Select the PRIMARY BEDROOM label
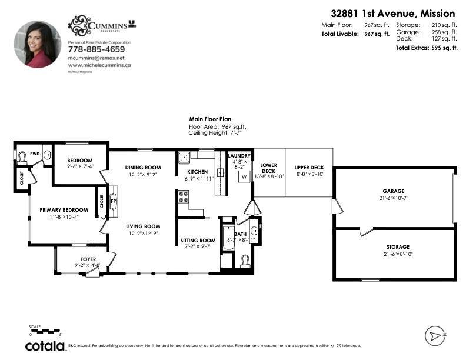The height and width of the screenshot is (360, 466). pos(64,210)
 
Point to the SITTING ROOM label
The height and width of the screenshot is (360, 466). pos(198,241)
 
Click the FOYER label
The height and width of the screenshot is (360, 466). pos(88,259)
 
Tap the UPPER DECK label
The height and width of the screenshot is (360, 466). pos(309,168)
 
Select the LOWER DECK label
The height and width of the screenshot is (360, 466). pos(268,168)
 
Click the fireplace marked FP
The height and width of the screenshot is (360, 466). pos(114,200)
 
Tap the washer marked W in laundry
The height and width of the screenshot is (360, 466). pos(244,176)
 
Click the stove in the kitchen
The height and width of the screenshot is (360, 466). pos(183,196)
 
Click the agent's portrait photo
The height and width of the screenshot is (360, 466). pos(38,45)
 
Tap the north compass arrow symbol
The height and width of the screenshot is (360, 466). pos(435,336)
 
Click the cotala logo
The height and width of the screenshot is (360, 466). pos(45,346)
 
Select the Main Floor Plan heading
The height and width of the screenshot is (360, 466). pos(210,119)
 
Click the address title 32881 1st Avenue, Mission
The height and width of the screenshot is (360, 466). pos(392,13)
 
